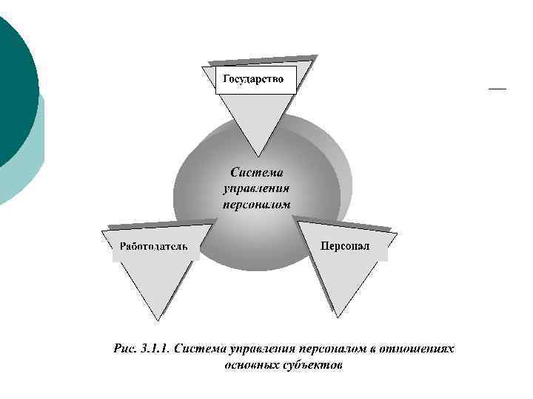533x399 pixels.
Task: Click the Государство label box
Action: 255,80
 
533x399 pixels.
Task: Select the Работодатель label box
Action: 155,246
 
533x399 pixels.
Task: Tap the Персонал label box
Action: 345,246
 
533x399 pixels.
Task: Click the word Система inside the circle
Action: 256,173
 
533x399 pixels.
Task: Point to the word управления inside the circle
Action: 256,188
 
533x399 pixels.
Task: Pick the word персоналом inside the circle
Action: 256,202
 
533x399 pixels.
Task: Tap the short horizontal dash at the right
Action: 497,89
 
